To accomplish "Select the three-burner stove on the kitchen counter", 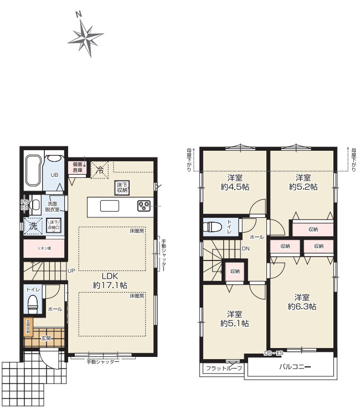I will click(x=145, y=206).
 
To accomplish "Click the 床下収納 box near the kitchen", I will click(x=122, y=187).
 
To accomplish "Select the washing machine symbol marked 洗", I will click(x=33, y=226).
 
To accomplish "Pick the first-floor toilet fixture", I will click(x=33, y=303).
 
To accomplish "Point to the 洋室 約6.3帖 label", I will click(x=302, y=301).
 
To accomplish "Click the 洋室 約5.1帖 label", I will click(x=234, y=318).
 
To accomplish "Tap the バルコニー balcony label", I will click(x=294, y=367).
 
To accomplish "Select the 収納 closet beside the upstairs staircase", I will click(x=234, y=271).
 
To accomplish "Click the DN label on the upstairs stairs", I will click(x=245, y=249).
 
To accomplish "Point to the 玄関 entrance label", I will click(x=45, y=338).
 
